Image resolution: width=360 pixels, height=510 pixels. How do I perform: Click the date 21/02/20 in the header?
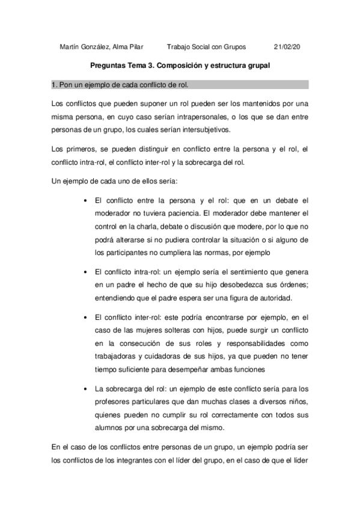tap(286, 46)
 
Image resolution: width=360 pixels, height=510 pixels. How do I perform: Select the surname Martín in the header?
tap(72, 46)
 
